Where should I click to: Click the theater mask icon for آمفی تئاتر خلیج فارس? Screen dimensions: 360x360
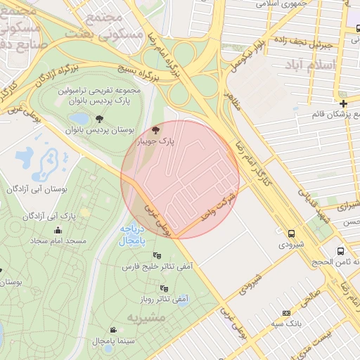click(156, 255)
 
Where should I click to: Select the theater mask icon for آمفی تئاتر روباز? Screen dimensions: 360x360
click(165, 288)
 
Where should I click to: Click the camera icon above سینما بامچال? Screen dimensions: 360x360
click(113, 329)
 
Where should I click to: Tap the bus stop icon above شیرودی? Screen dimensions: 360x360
click(291, 233)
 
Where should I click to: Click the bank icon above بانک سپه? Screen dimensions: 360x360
click(285, 313)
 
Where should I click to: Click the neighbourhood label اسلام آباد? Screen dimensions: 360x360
click(311, 64)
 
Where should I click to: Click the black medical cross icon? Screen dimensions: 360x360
click(343, 104)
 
